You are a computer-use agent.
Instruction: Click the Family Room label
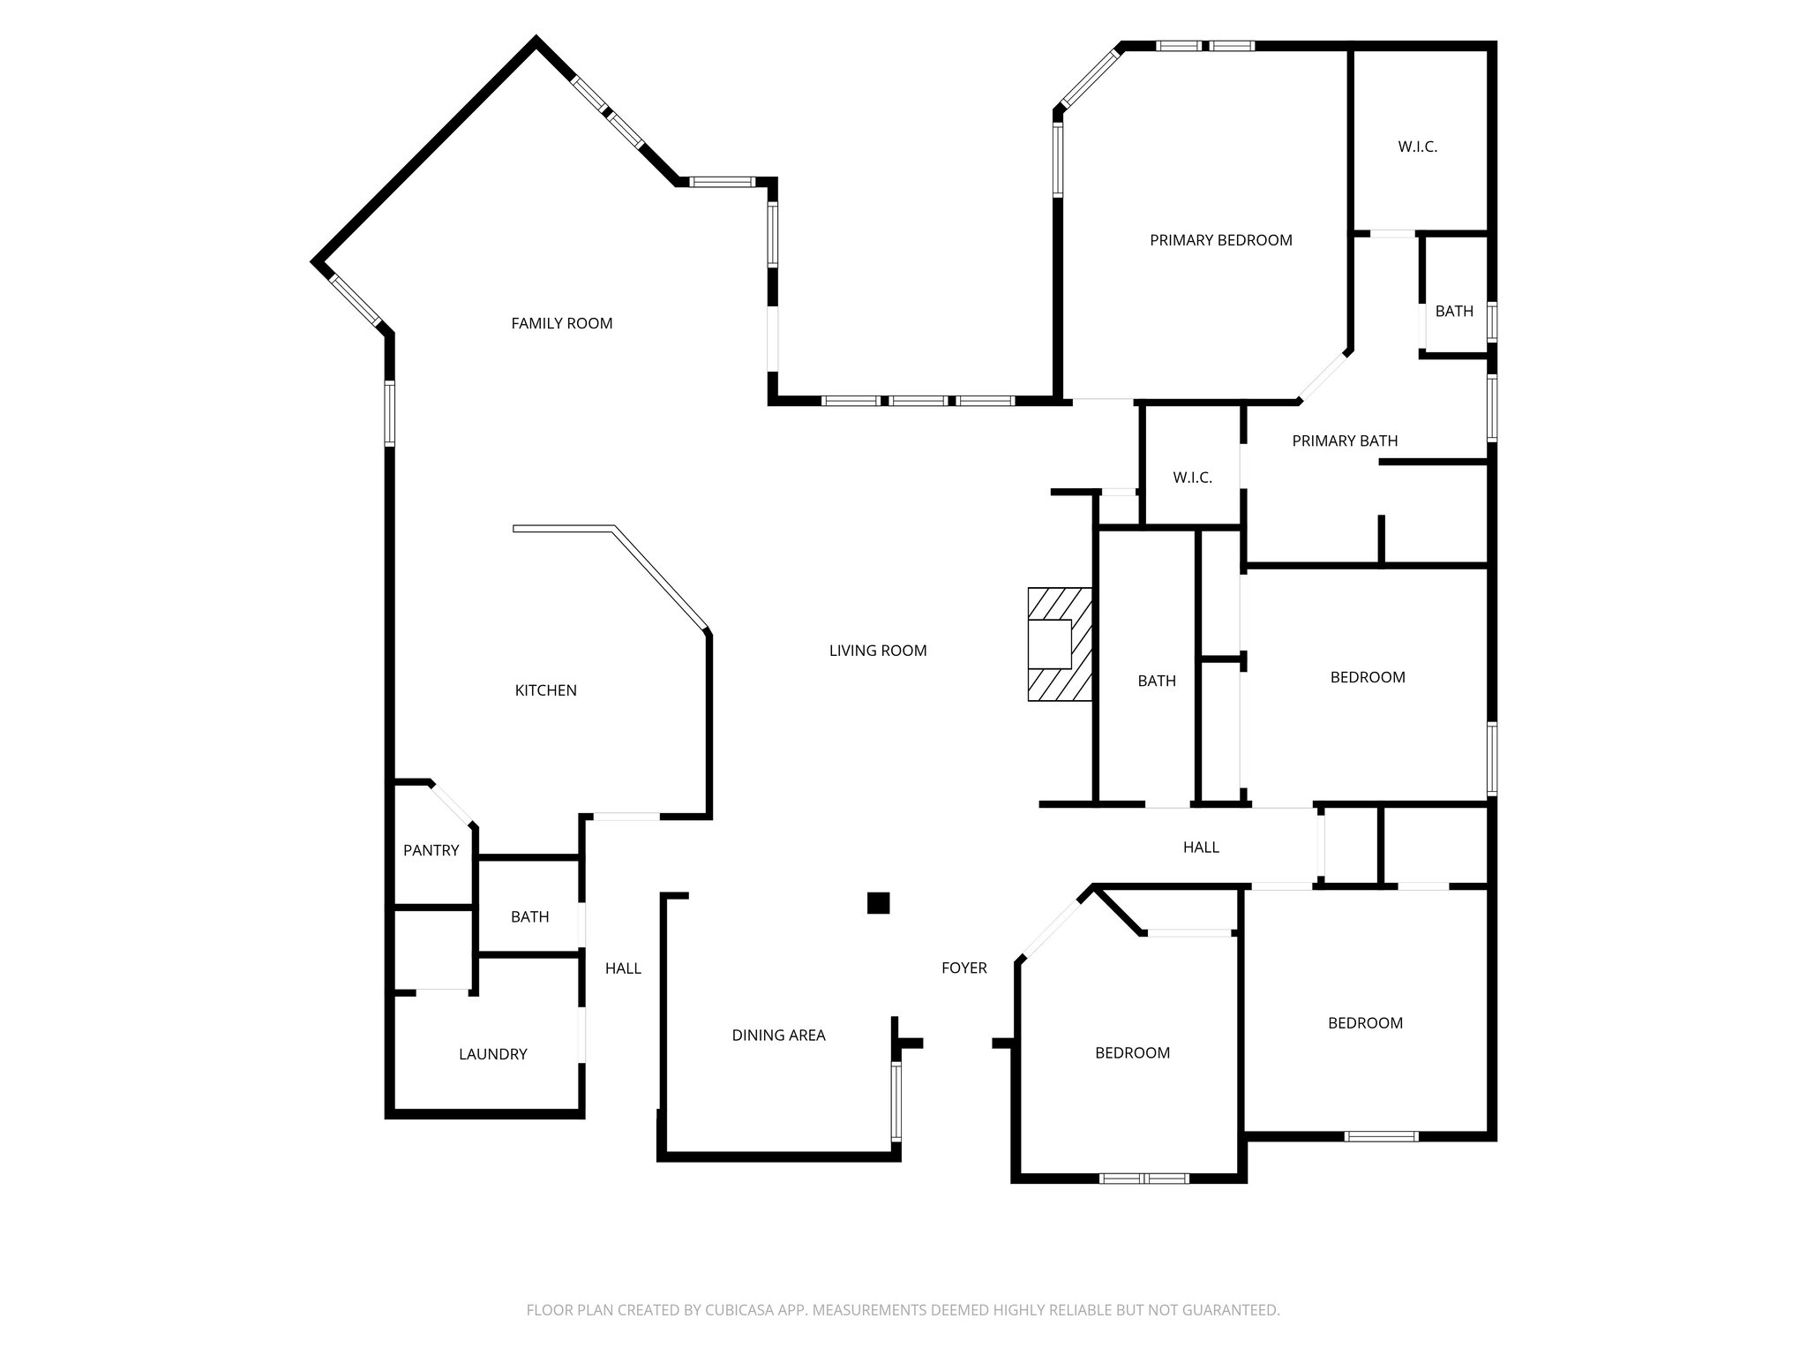pyautogui.click(x=561, y=323)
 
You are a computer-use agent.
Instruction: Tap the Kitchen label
pyautogui.click(x=545, y=690)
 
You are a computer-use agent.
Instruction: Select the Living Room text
pyautogui.click(x=877, y=651)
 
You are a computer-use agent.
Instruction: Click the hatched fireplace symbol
pyautogui.click(x=1059, y=644)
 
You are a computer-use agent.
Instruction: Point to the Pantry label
pyautogui.click(x=431, y=850)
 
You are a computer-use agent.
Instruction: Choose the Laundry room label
pyautogui.click(x=492, y=1054)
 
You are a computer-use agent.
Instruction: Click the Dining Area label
pyautogui.click(x=778, y=1036)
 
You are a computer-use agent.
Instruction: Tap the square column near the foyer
pyautogui.click(x=878, y=902)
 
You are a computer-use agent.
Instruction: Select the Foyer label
pyautogui.click(x=963, y=968)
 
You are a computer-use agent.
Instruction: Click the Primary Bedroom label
pyautogui.click(x=1220, y=240)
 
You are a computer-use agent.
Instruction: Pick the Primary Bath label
pyautogui.click(x=1344, y=441)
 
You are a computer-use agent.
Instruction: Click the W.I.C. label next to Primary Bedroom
pyautogui.click(x=1417, y=147)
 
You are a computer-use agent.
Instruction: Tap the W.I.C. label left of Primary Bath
pyautogui.click(x=1192, y=478)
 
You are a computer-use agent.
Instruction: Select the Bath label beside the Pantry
pyautogui.click(x=529, y=917)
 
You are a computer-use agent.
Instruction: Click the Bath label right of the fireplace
pyautogui.click(x=1156, y=681)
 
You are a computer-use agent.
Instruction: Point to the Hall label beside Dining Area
pyautogui.click(x=622, y=968)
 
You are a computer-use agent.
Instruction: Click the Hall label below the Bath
pyautogui.click(x=1200, y=847)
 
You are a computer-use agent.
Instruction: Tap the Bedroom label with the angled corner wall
pyautogui.click(x=1132, y=1052)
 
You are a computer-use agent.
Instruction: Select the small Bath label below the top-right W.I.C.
pyautogui.click(x=1453, y=311)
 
